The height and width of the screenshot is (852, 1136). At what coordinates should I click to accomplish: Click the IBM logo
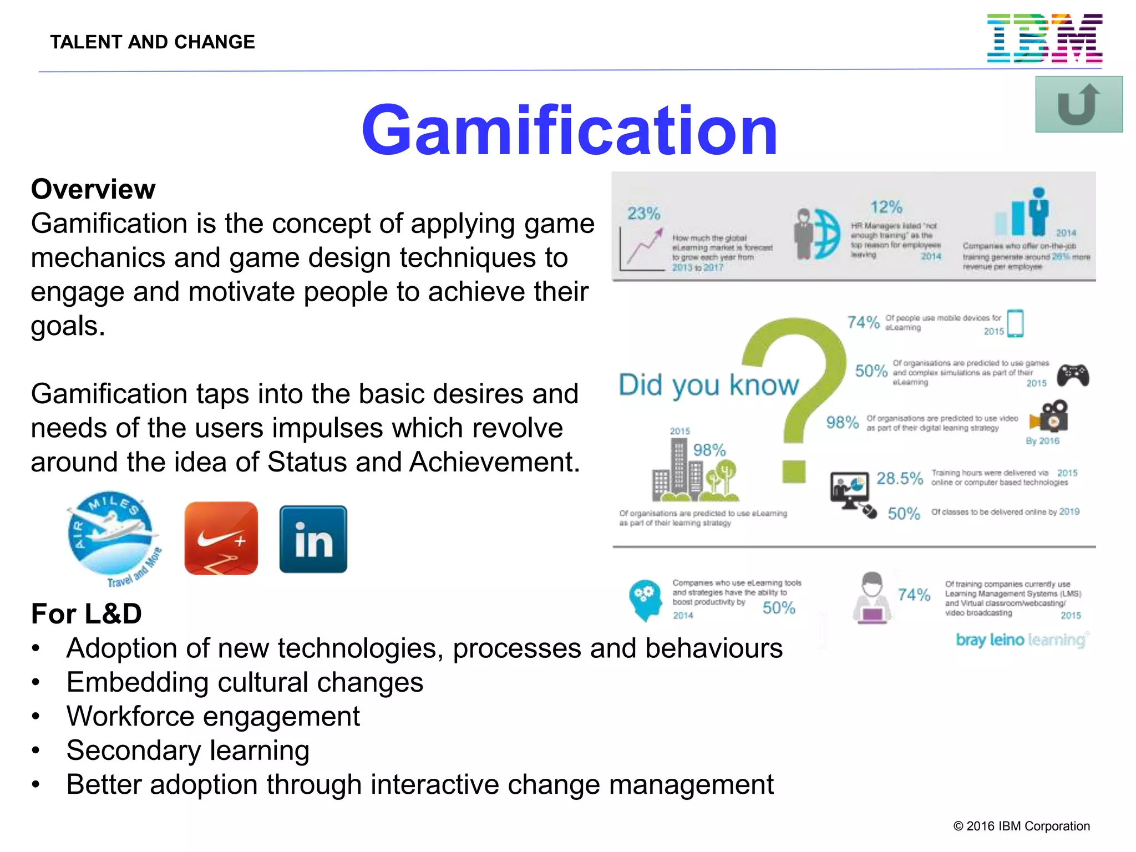click(x=1044, y=38)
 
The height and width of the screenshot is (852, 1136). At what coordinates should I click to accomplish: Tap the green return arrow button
click(x=1078, y=104)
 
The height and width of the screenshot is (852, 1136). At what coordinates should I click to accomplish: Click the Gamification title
click(x=569, y=131)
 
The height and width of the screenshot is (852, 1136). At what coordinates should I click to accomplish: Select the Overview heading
click(x=93, y=189)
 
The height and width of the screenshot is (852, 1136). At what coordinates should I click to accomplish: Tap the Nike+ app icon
click(x=221, y=538)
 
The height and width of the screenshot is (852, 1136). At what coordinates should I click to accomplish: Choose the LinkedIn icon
click(x=313, y=539)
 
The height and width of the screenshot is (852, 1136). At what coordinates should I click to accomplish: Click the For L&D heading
click(x=87, y=614)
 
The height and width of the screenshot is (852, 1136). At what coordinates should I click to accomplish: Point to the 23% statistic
click(x=643, y=214)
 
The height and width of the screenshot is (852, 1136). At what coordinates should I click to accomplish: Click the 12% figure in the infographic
click(x=886, y=207)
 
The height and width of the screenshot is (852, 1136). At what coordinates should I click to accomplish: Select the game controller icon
click(x=1073, y=375)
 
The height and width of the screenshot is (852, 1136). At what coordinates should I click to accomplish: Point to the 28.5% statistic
click(x=899, y=478)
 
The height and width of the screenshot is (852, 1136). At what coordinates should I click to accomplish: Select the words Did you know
click(x=708, y=385)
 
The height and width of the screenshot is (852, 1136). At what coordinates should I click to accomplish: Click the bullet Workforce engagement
click(x=213, y=716)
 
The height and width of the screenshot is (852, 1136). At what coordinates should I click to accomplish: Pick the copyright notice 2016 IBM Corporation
click(x=1021, y=826)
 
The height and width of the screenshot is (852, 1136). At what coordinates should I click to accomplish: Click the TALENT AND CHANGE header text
click(x=153, y=42)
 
